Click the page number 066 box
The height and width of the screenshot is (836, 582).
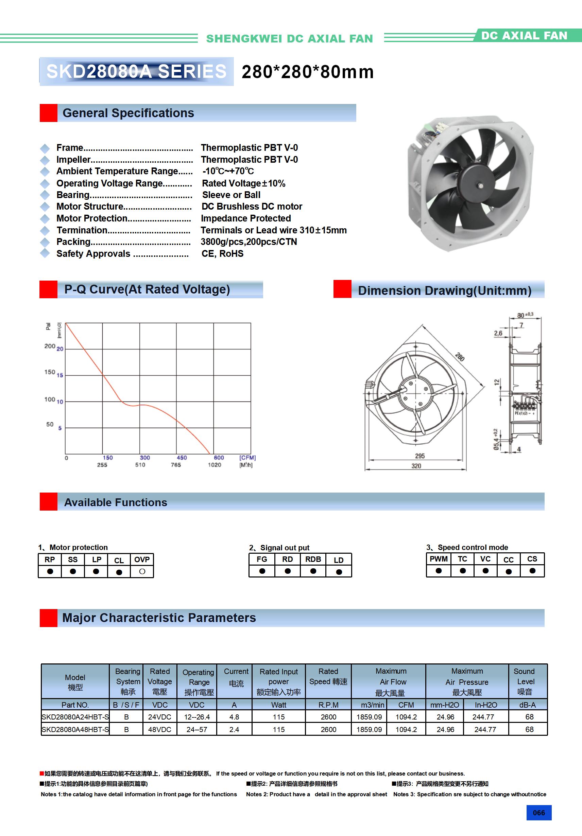point(538,812)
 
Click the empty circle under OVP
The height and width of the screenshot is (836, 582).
point(142,571)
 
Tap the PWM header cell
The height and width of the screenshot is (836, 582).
point(439,559)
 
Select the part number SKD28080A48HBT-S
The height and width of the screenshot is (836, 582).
point(75,729)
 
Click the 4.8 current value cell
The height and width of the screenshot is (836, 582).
point(234,716)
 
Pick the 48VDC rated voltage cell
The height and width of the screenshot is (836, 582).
point(160,729)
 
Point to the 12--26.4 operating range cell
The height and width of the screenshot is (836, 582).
point(197,716)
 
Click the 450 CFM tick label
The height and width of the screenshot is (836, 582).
point(182,458)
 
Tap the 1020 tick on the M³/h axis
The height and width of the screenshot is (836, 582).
point(214,465)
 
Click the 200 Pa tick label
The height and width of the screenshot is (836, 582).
point(50,346)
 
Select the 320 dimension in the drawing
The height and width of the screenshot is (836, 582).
point(416,466)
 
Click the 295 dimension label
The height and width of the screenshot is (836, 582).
point(420,456)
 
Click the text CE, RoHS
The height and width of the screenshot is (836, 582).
point(222,254)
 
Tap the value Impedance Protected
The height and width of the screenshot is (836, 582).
point(246,218)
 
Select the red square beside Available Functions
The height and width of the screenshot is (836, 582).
point(49,501)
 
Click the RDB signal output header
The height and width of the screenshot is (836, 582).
point(313,559)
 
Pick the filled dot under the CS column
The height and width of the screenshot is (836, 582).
point(532,571)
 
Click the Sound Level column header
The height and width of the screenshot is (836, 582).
point(525,681)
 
